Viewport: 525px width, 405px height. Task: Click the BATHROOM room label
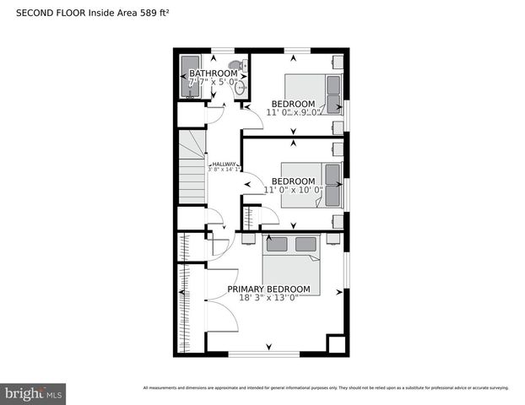[213, 73]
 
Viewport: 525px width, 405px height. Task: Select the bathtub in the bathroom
[189, 78]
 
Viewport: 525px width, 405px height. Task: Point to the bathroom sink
[241, 86]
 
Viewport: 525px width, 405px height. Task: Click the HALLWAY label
[224, 165]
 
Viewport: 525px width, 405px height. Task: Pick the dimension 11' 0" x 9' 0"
[295, 112]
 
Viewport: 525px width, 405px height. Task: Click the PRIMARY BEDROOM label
[268, 289]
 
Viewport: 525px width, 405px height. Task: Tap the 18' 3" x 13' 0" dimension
[268, 299]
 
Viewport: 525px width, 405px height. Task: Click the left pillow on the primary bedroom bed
[277, 245]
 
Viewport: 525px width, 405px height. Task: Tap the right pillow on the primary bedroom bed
[306, 245]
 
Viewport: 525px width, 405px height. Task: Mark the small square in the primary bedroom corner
[336, 344]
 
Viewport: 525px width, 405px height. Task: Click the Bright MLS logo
[34, 393]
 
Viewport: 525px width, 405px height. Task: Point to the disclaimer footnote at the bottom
[325, 387]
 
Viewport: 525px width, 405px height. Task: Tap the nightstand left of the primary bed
[249, 238]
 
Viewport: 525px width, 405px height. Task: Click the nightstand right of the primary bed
[333, 238]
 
